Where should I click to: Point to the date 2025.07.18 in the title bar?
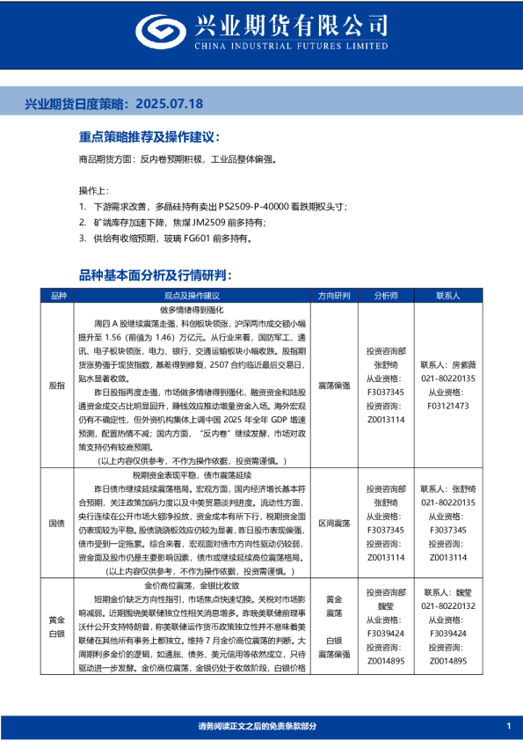click(x=171, y=104)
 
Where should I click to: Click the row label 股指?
click(x=56, y=385)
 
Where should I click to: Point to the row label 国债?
click(x=56, y=523)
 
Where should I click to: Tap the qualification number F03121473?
click(x=448, y=406)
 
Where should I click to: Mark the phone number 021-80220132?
click(x=448, y=606)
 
